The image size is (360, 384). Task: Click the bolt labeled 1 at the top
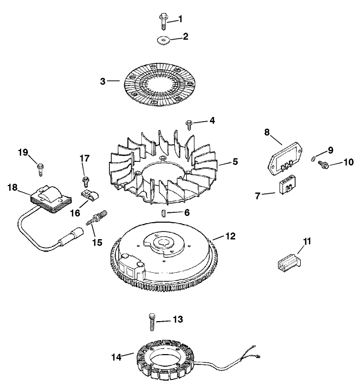coord(162,21)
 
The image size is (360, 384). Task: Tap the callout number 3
coord(103,81)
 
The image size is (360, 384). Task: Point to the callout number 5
coord(235,161)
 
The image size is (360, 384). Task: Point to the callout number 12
coord(231,237)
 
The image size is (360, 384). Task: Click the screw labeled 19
coord(39,166)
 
